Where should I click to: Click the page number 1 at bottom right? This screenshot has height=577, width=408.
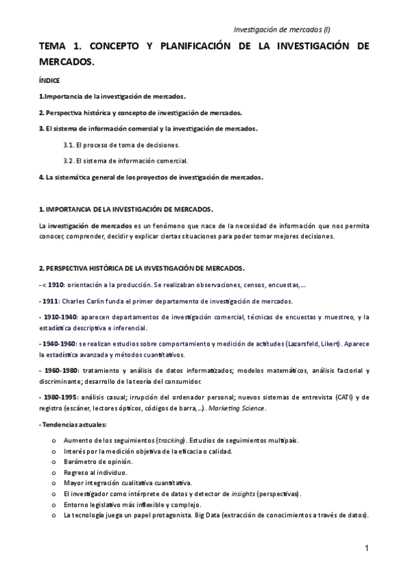tap(366, 548)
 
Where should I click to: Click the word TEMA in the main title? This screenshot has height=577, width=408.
tap(54, 46)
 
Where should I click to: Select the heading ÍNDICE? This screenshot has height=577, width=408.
tap(49, 80)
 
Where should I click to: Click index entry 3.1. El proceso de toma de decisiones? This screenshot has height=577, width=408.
tap(121, 145)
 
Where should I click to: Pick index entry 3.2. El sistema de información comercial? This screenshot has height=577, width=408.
tap(125, 161)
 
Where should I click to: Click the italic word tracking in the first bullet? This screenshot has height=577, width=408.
tap(171, 440)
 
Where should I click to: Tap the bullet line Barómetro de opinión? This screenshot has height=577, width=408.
tap(95, 462)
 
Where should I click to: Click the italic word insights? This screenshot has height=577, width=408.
tap(245, 493)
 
